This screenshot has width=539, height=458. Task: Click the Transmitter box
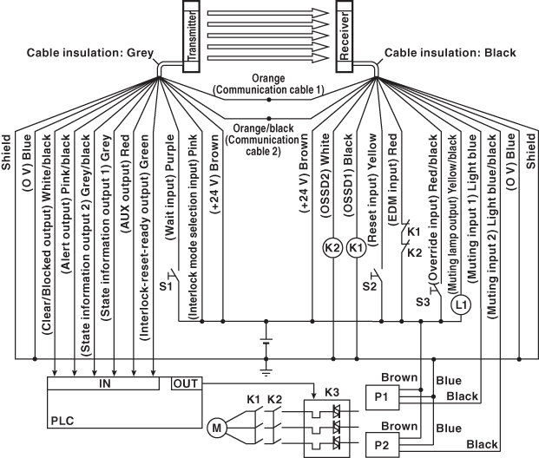click(x=192, y=35)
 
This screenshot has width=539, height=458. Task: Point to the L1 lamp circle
click(x=460, y=305)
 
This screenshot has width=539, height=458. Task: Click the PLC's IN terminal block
click(x=104, y=383)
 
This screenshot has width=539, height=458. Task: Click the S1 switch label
click(x=166, y=285)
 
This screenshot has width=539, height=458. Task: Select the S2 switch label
click(x=368, y=285)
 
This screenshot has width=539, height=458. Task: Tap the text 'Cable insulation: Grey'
click(x=89, y=53)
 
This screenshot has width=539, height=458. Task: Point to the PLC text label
click(x=62, y=419)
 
